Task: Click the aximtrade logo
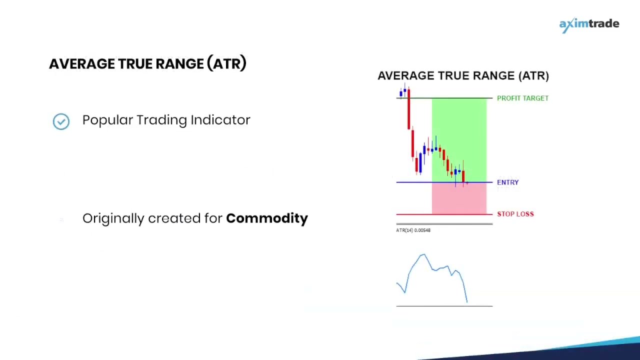589,24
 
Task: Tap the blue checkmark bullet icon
61,121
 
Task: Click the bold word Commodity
267,218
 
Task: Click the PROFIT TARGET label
522,98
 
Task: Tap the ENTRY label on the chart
507,182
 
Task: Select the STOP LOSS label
515,214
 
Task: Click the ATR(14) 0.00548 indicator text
413,230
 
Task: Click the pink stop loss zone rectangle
459,199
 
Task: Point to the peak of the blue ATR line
423,255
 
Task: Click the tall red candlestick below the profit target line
408,110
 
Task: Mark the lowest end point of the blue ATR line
467,301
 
